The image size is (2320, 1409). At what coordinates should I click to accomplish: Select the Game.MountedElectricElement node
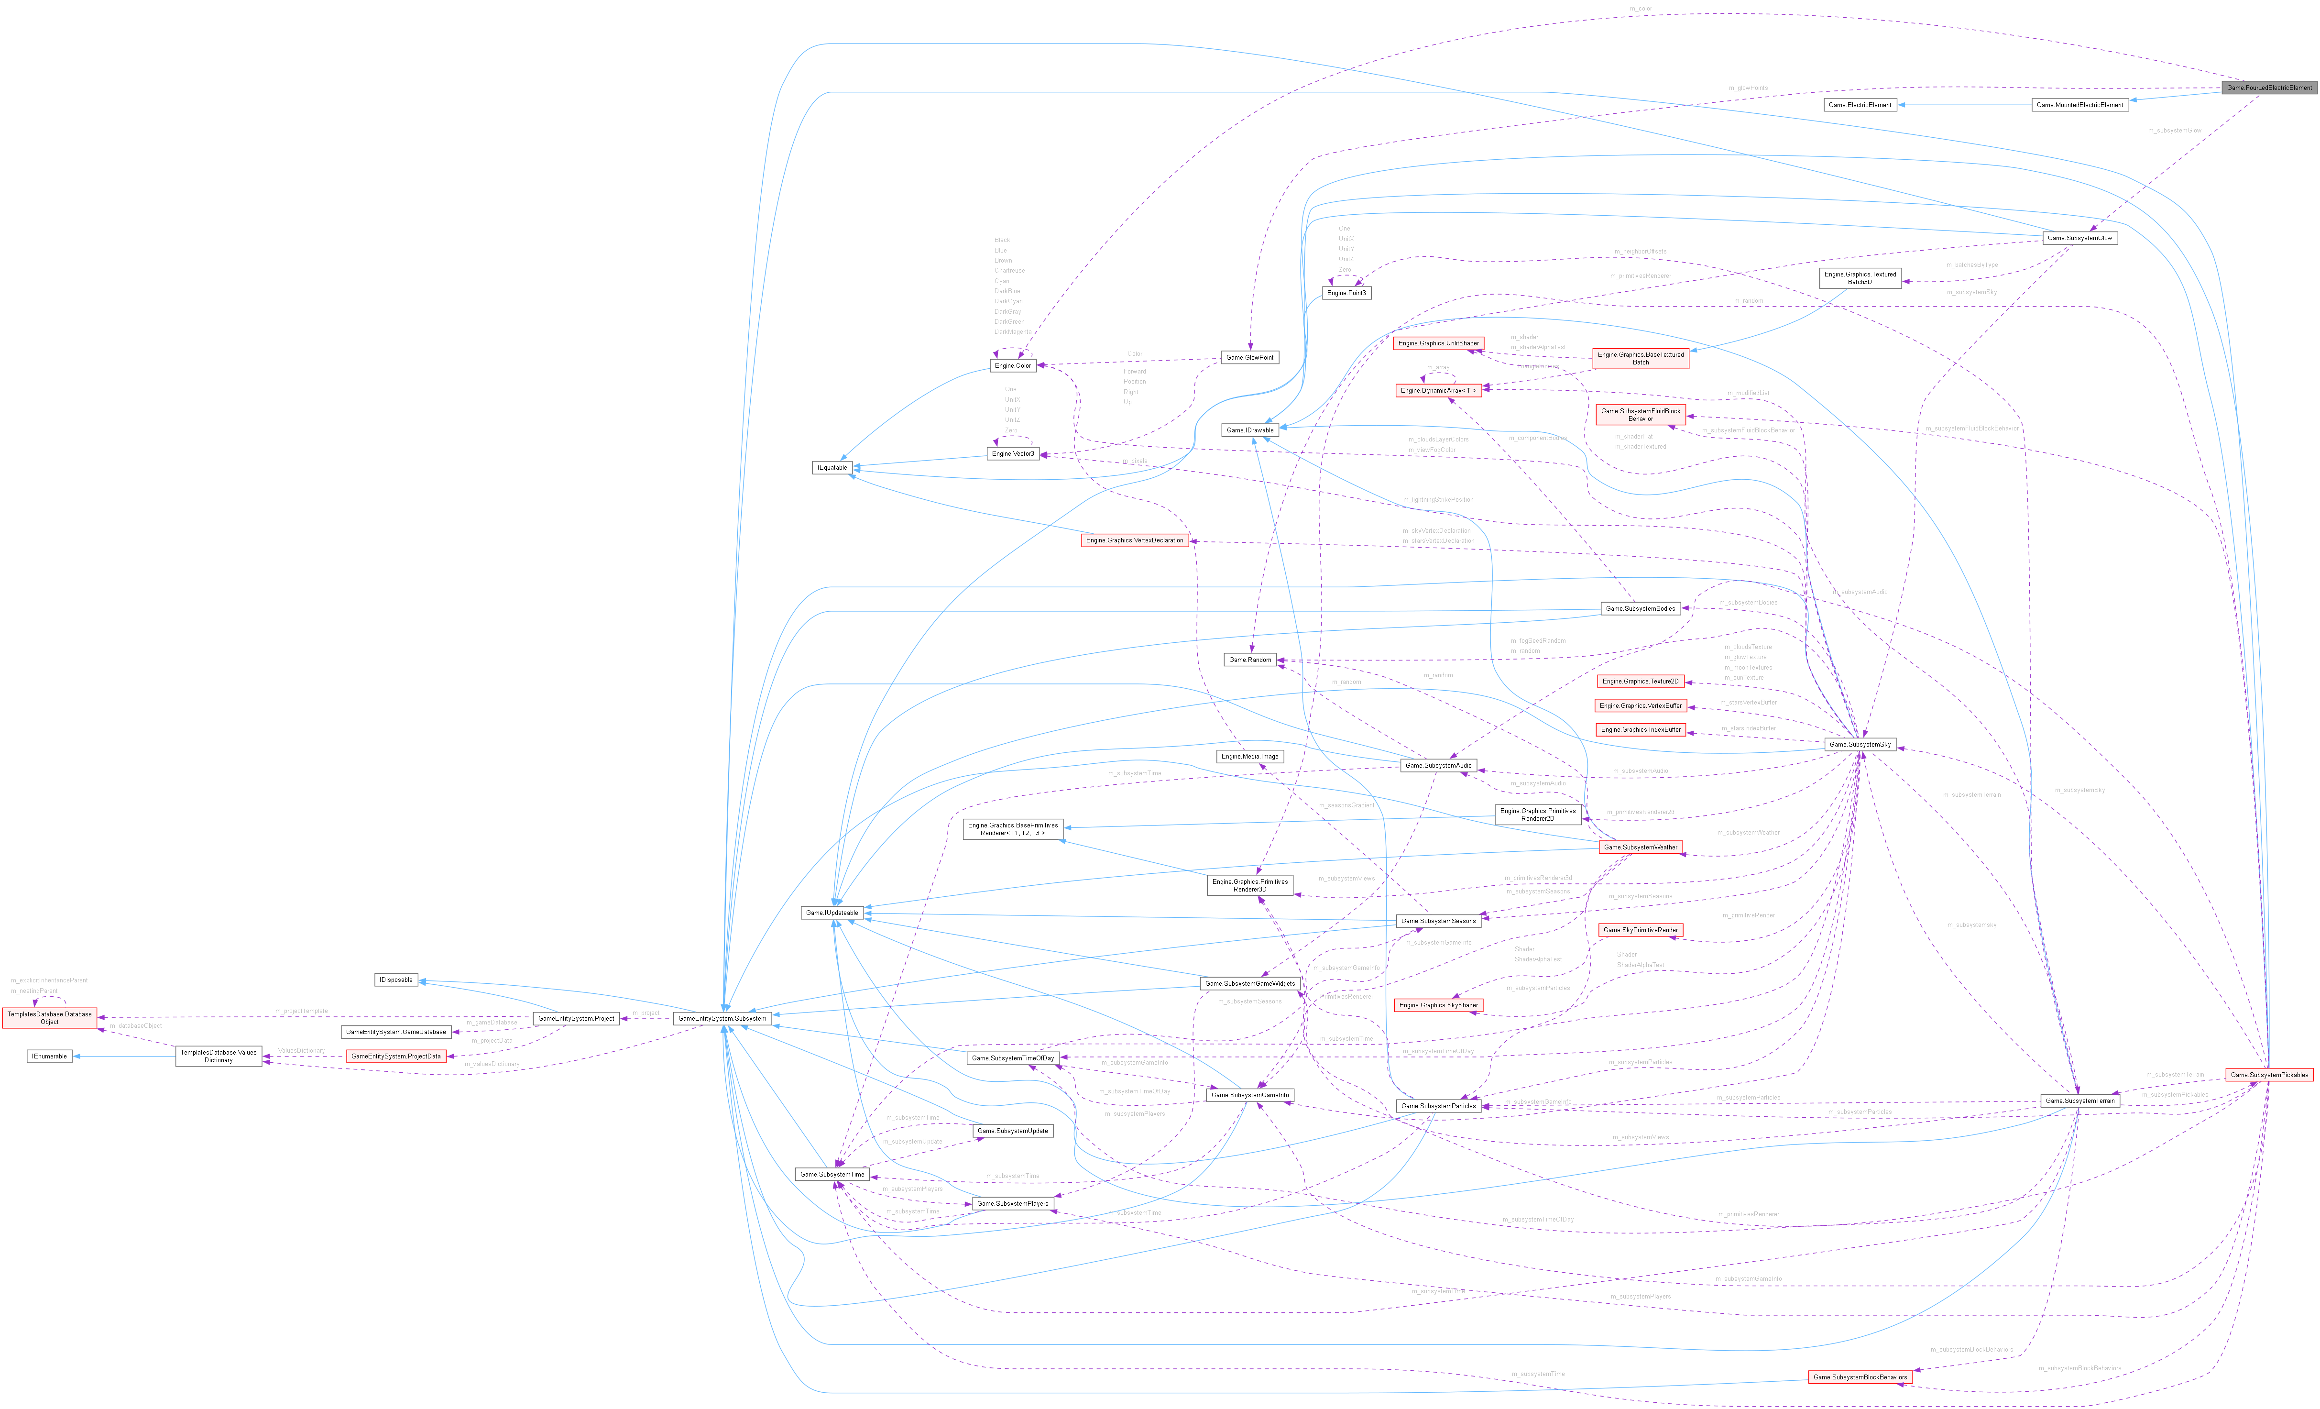[x=2079, y=105]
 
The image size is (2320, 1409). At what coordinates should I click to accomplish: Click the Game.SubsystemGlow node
[x=2079, y=238]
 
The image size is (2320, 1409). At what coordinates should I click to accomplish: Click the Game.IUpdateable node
[x=832, y=913]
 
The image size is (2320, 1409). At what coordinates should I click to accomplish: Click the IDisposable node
[x=395, y=980]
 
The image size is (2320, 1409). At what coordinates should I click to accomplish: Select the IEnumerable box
[x=49, y=1056]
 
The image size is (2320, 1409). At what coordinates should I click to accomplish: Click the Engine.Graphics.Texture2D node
[x=1639, y=681]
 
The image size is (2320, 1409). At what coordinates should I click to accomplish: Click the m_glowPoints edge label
[x=1748, y=88]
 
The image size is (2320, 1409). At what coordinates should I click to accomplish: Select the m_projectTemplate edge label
[x=301, y=1011]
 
